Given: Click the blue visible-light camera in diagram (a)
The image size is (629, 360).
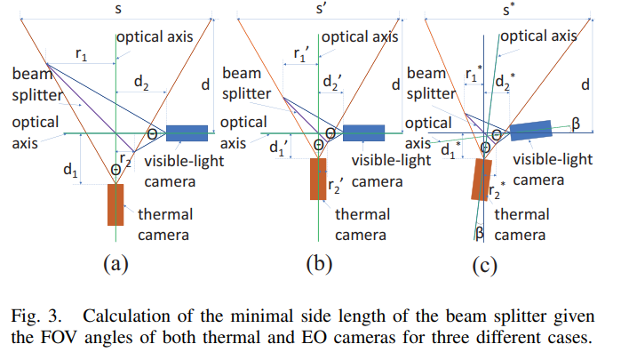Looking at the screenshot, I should [x=187, y=133].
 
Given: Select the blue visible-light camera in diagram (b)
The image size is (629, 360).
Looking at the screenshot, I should [x=363, y=133].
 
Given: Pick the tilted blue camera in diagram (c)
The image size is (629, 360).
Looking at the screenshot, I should [x=531, y=131].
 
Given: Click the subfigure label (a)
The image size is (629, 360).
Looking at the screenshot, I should [x=115, y=264].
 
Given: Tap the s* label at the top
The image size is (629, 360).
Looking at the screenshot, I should [x=510, y=10].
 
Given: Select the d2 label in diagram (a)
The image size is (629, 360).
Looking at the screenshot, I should [x=141, y=82].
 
